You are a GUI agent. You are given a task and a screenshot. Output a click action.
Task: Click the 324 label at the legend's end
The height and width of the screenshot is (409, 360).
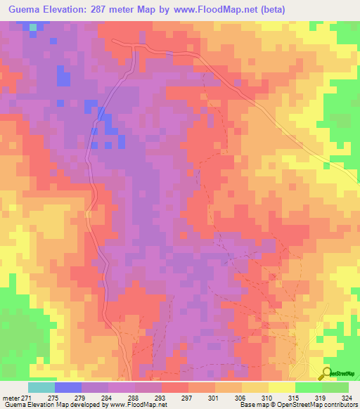point(349,397)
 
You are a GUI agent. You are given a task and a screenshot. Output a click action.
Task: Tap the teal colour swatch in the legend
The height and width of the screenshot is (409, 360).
point(41,387)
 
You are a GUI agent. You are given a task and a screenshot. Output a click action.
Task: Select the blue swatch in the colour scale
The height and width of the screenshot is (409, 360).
point(67,387)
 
